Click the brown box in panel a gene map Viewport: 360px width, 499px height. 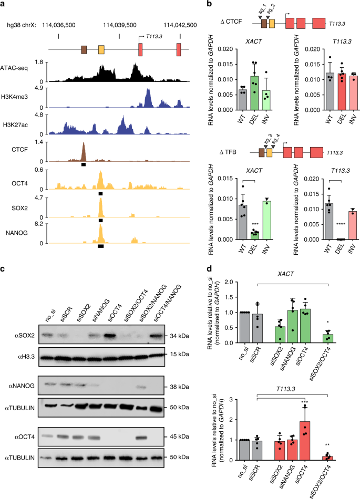click(84, 50)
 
